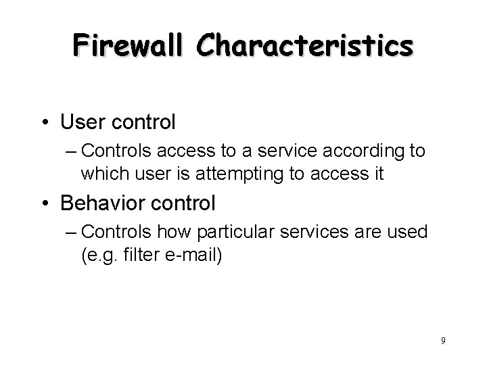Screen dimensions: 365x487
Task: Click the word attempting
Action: tap(237, 174)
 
